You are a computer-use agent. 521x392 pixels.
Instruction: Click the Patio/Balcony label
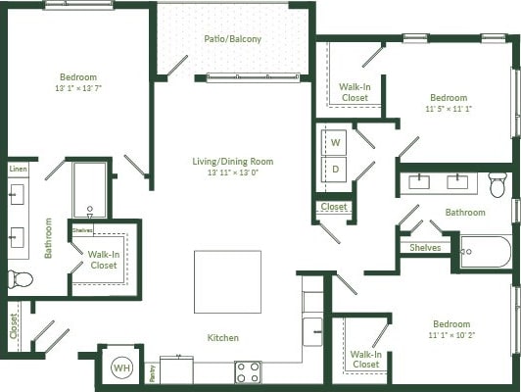(x=233, y=39)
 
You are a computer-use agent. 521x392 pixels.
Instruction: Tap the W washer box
(x=335, y=143)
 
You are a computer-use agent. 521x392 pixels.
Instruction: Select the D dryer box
(x=335, y=169)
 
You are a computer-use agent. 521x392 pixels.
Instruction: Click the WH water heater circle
(x=121, y=367)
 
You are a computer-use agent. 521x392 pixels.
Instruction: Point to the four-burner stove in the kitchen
(x=248, y=371)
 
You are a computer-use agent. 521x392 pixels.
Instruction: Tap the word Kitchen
(x=222, y=338)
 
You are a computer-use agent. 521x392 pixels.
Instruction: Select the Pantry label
(x=152, y=372)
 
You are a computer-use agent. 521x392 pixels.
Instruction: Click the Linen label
(x=18, y=170)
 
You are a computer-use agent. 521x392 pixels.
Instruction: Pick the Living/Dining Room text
(x=233, y=162)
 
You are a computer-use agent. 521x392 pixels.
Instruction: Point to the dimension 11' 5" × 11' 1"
(x=448, y=110)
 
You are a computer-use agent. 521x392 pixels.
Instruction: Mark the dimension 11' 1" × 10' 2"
(x=451, y=336)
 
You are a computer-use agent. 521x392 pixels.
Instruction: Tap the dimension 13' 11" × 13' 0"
(x=233, y=173)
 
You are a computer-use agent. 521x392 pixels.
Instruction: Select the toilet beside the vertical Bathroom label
(x=20, y=279)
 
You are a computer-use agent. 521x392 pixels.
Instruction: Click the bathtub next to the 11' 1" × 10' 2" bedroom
(x=485, y=252)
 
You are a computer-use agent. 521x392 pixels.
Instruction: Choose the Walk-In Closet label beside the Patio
(x=354, y=92)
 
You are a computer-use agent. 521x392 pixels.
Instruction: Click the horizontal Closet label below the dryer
(x=334, y=207)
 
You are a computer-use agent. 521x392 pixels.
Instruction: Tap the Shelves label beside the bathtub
(x=425, y=248)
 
